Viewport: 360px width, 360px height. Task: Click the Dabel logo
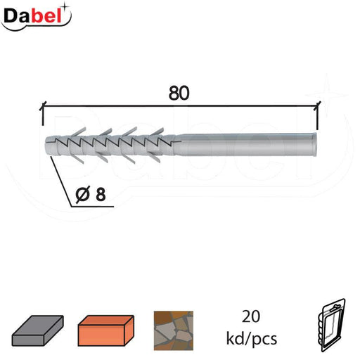tap(36, 17)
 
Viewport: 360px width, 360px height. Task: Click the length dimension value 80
tap(179, 94)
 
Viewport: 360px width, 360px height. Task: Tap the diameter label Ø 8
tap(91, 194)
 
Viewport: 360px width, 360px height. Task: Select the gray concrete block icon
tap(38, 330)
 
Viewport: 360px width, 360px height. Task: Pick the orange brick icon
tap(106, 330)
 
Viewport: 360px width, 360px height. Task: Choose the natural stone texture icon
tap(174, 330)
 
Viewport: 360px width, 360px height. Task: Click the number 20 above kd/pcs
tap(251, 316)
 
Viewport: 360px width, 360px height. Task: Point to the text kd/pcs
tap(252, 339)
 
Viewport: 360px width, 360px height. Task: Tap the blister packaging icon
tap(332, 326)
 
